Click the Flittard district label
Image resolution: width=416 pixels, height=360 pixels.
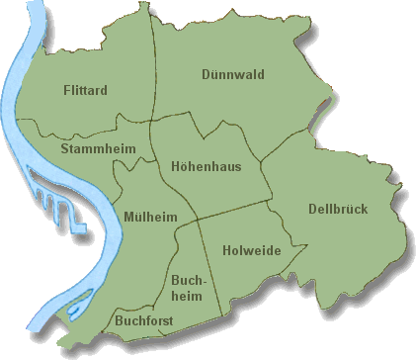click(x=84, y=90)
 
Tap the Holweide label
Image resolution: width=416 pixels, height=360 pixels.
click(x=251, y=250)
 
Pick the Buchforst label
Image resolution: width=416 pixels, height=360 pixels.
click(x=144, y=321)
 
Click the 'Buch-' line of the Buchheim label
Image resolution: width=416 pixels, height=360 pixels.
click(x=188, y=281)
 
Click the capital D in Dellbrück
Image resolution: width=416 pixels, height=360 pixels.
click(x=313, y=209)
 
